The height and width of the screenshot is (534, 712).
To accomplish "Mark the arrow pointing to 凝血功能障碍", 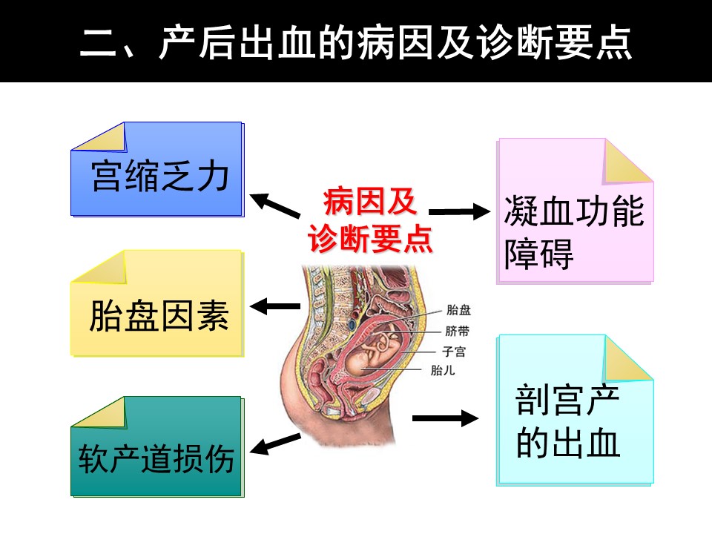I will [460, 212].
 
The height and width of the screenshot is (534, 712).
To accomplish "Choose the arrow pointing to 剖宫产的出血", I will [445, 419].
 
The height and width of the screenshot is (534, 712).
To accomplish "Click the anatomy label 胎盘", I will [458, 311].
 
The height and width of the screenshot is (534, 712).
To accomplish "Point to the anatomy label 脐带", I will [457, 332].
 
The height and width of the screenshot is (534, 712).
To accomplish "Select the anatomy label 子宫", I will [455, 351].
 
